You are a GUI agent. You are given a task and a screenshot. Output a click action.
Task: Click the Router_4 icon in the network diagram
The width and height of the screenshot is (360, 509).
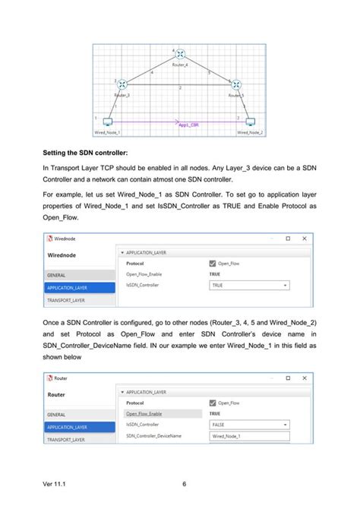click(x=181, y=55)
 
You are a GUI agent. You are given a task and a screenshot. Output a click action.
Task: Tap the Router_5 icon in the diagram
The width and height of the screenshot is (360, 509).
click(x=236, y=85)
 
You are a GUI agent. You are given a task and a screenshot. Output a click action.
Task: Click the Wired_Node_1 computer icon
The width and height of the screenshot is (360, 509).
click(x=108, y=122)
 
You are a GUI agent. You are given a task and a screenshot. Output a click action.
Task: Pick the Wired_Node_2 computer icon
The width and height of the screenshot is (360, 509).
click(x=250, y=122)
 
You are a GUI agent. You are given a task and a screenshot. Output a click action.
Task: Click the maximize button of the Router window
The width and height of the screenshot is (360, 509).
click(x=287, y=378)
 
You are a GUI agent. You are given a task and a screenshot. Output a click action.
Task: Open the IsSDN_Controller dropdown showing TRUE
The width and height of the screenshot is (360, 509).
click(x=250, y=285)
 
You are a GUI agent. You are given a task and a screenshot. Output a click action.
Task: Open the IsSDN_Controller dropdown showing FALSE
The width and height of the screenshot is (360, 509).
click(x=250, y=425)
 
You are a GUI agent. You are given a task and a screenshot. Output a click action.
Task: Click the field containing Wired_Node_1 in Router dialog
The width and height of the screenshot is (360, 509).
click(x=250, y=436)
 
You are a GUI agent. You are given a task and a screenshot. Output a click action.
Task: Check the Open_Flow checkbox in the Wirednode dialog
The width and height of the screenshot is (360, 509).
click(x=213, y=263)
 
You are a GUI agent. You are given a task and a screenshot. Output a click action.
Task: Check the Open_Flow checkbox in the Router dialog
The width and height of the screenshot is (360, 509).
click(x=213, y=403)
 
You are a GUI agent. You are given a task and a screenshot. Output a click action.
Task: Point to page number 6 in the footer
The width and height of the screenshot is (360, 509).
click(x=185, y=484)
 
